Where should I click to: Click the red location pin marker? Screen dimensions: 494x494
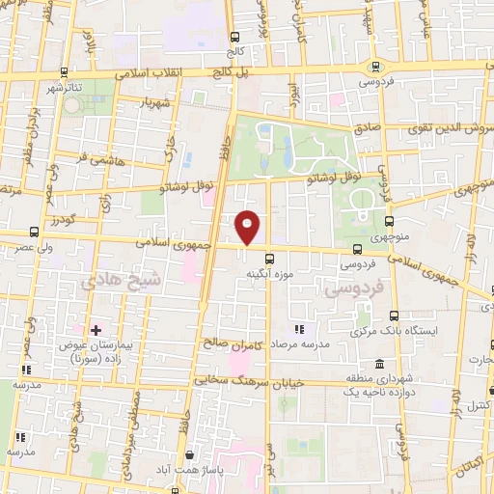[248, 226]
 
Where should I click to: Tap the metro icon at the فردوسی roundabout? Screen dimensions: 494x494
[375, 66]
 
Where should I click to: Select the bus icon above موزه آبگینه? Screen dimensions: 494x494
[269, 258]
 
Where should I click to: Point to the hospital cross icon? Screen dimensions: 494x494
[95, 330]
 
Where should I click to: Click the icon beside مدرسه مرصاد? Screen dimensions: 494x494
[297, 329]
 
